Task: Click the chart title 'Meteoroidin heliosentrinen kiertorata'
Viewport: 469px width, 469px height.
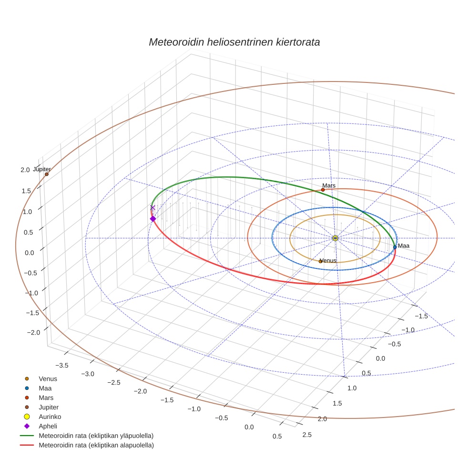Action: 234,42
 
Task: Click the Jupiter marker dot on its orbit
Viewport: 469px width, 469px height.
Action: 47,174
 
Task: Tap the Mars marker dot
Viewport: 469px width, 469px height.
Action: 323,190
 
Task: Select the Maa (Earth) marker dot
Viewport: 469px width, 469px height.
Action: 395,247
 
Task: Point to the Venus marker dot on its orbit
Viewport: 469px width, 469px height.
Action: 320,261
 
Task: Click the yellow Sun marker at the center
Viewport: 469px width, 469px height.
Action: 335,238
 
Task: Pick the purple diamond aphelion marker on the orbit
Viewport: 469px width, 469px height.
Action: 153,219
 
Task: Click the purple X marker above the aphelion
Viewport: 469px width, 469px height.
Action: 153,207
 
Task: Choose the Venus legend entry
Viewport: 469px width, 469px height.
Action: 48,379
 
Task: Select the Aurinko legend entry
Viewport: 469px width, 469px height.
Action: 50,417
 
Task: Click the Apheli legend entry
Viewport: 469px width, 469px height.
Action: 48,426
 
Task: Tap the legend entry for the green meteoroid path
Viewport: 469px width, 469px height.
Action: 96,436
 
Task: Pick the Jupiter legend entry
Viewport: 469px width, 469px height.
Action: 49,407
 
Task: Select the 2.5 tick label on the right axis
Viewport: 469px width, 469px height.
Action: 307,434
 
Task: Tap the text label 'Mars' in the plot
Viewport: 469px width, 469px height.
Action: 329,185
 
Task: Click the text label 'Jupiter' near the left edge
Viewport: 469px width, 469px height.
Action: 42,169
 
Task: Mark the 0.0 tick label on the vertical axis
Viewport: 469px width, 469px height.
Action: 29,253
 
